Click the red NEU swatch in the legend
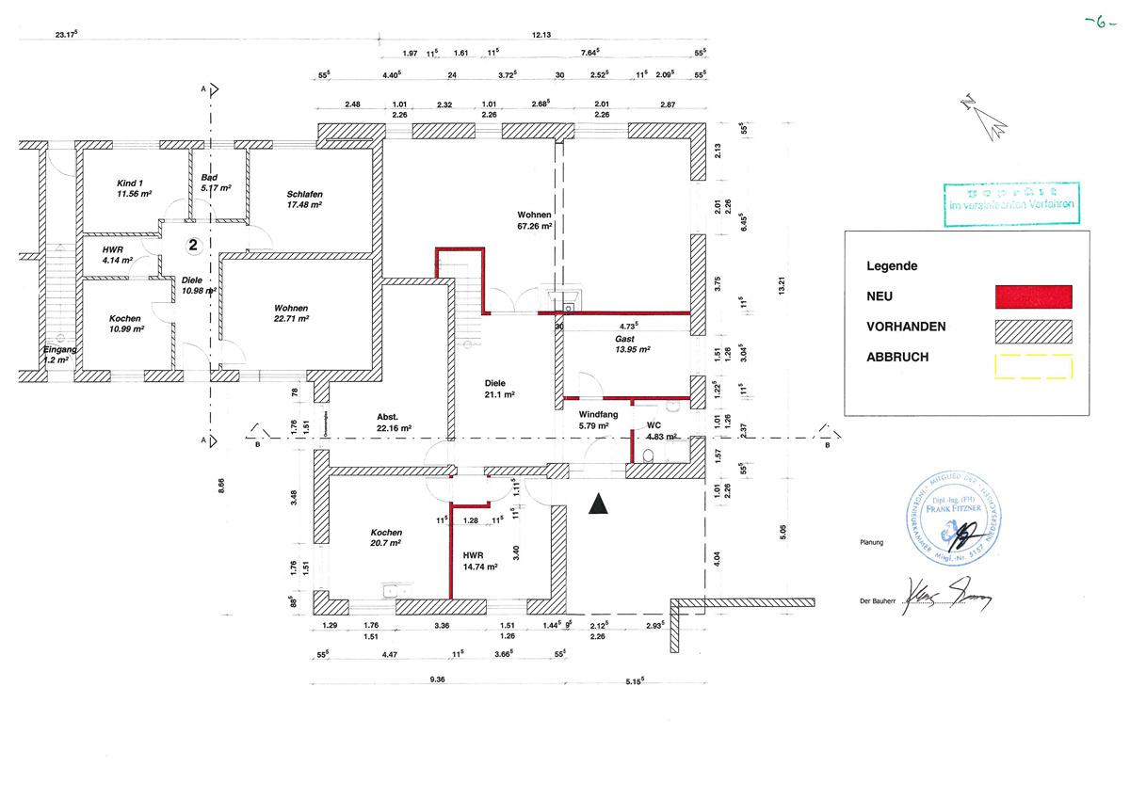click(x=1033, y=296)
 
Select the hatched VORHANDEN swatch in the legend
click(x=1033, y=329)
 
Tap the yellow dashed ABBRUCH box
click(x=1033, y=365)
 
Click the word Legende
click(x=892, y=266)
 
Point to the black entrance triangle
click(x=597, y=506)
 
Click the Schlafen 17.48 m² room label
click(x=304, y=200)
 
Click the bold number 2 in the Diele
click(x=193, y=245)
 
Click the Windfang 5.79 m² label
click(x=593, y=419)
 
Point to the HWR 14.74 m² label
click(x=478, y=561)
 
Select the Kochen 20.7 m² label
click(x=386, y=537)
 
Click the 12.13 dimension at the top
click(x=541, y=34)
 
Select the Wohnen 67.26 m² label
click(x=534, y=220)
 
